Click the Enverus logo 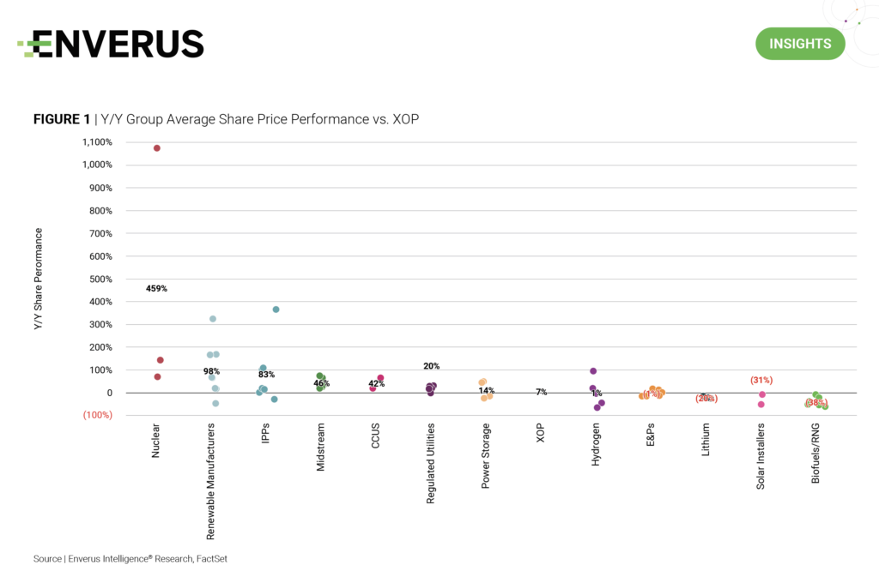(x=112, y=44)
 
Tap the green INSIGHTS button (x=800, y=44)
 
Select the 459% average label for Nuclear (x=156, y=289)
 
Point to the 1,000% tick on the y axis (x=96, y=165)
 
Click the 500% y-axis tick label (x=100, y=279)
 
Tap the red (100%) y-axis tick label (x=97, y=416)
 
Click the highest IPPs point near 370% (x=276, y=310)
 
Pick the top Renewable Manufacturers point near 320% (x=213, y=319)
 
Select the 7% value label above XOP (x=542, y=392)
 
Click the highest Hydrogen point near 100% (x=593, y=371)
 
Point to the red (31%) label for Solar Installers (x=761, y=380)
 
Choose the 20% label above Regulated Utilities (x=431, y=366)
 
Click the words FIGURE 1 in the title (x=62, y=119)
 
